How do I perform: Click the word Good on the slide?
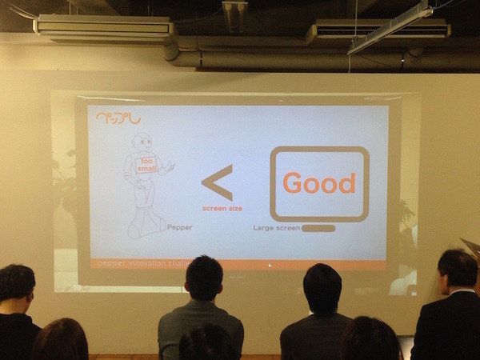(318, 183)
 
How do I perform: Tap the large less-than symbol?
(218, 182)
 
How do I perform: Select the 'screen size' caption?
(222, 208)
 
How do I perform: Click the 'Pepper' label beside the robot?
(179, 227)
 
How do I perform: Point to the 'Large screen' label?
(276, 228)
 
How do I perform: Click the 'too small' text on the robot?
(148, 165)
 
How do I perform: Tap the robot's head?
(142, 142)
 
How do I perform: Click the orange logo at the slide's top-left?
(118, 118)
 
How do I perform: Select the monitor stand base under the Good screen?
(318, 228)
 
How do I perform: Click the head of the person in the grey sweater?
(204, 278)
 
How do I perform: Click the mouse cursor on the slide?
(270, 265)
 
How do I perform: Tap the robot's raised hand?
(170, 166)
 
